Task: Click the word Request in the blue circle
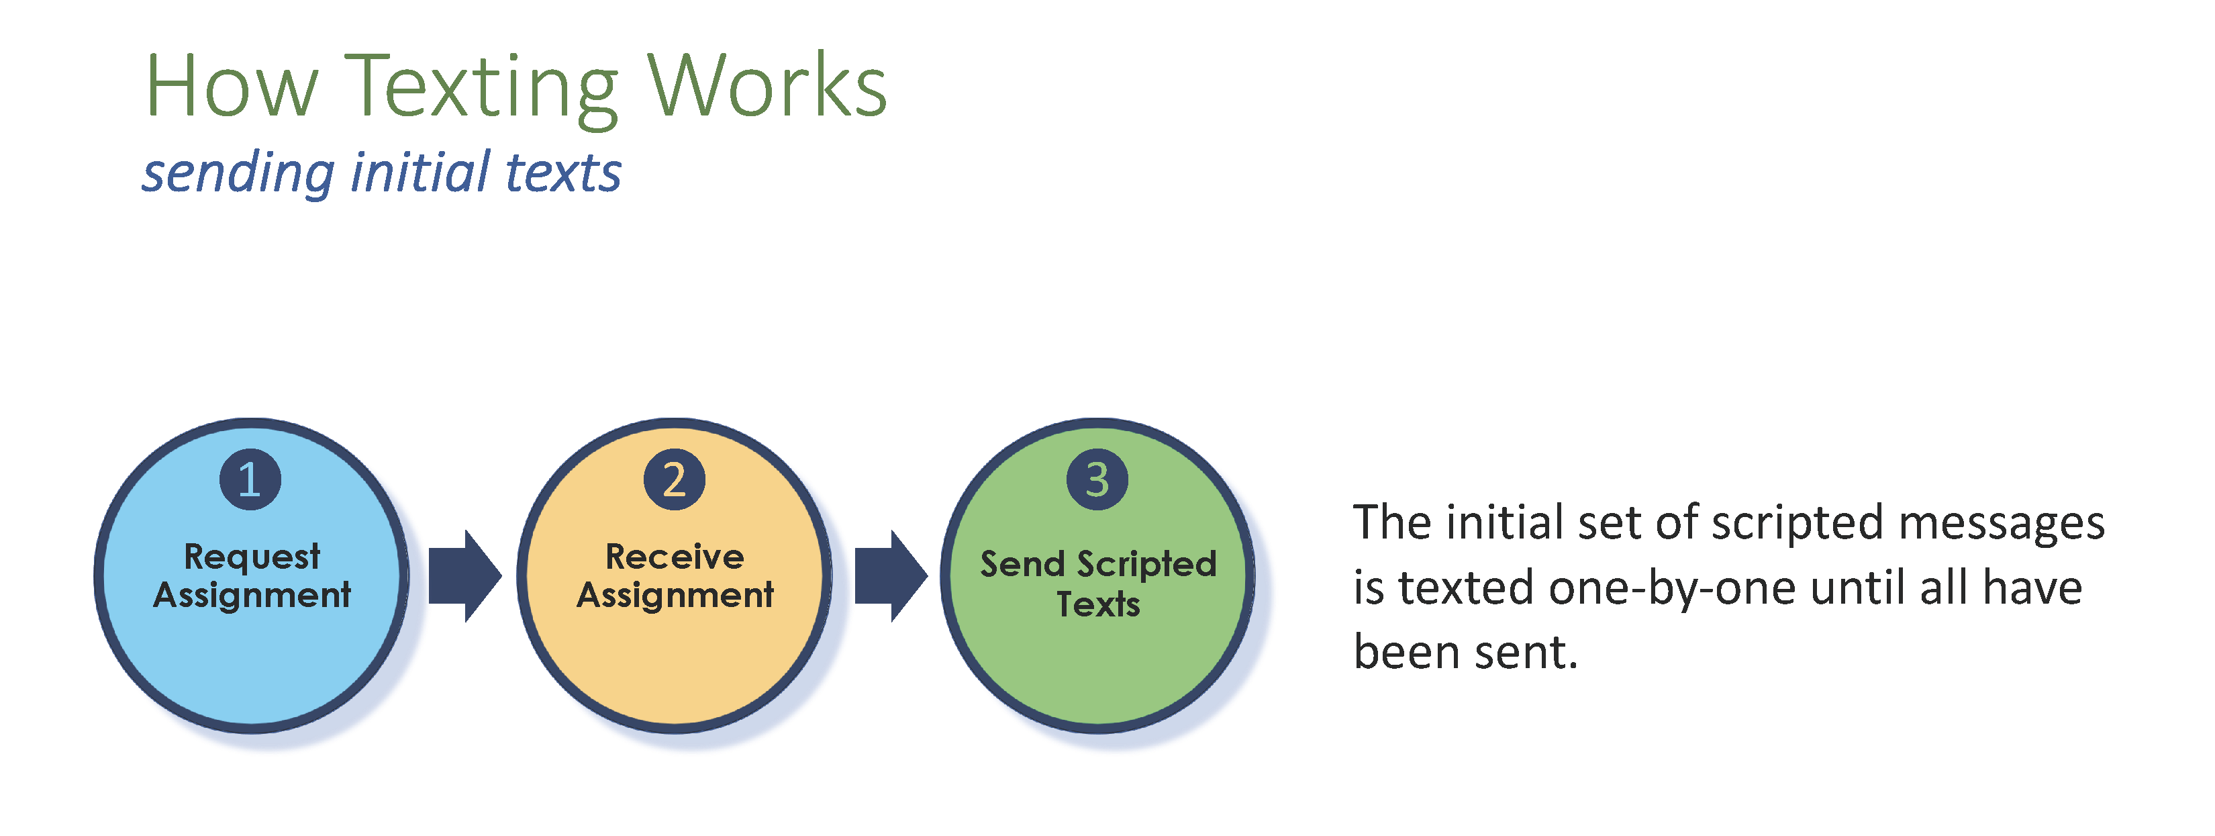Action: pyautogui.click(x=252, y=557)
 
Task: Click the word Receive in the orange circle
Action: pyautogui.click(x=675, y=557)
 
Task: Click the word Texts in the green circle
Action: pyautogui.click(x=1098, y=604)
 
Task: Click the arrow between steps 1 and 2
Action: pyautogui.click(x=465, y=576)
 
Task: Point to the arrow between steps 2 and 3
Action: pyautogui.click(x=891, y=576)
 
